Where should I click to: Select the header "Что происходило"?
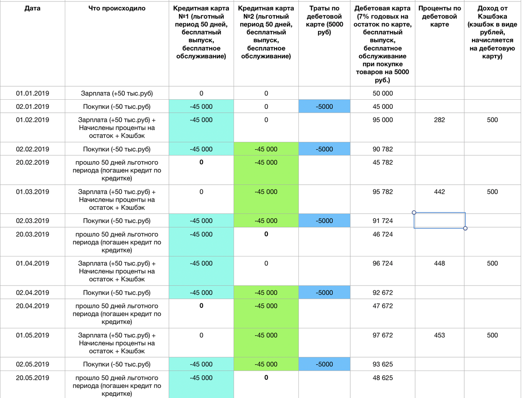[x=117, y=8]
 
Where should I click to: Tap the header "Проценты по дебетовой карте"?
[x=439, y=16]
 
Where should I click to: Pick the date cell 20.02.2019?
[x=32, y=162]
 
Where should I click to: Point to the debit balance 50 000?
[x=383, y=93]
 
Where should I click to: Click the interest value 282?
[x=439, y=120]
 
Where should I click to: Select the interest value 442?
[x=439, y=192]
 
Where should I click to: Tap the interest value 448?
[x=439, y=263]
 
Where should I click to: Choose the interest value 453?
[x=439, y=335]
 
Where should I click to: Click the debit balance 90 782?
[x=383, y=149]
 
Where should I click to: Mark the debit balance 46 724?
[x=383, y=234]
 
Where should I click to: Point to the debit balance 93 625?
[x=383, y=364]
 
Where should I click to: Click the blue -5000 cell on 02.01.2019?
[x=324, y=107]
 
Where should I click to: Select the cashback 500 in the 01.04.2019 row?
[x=492, y=263]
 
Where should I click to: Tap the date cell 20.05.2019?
[x=32, y=378]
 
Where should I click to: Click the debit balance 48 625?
[x=383, y=378]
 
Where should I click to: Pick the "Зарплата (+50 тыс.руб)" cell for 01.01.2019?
[x=117, y=93]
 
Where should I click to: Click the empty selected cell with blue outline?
[x=439, y=221]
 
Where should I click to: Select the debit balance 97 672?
[x=383, y=335]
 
